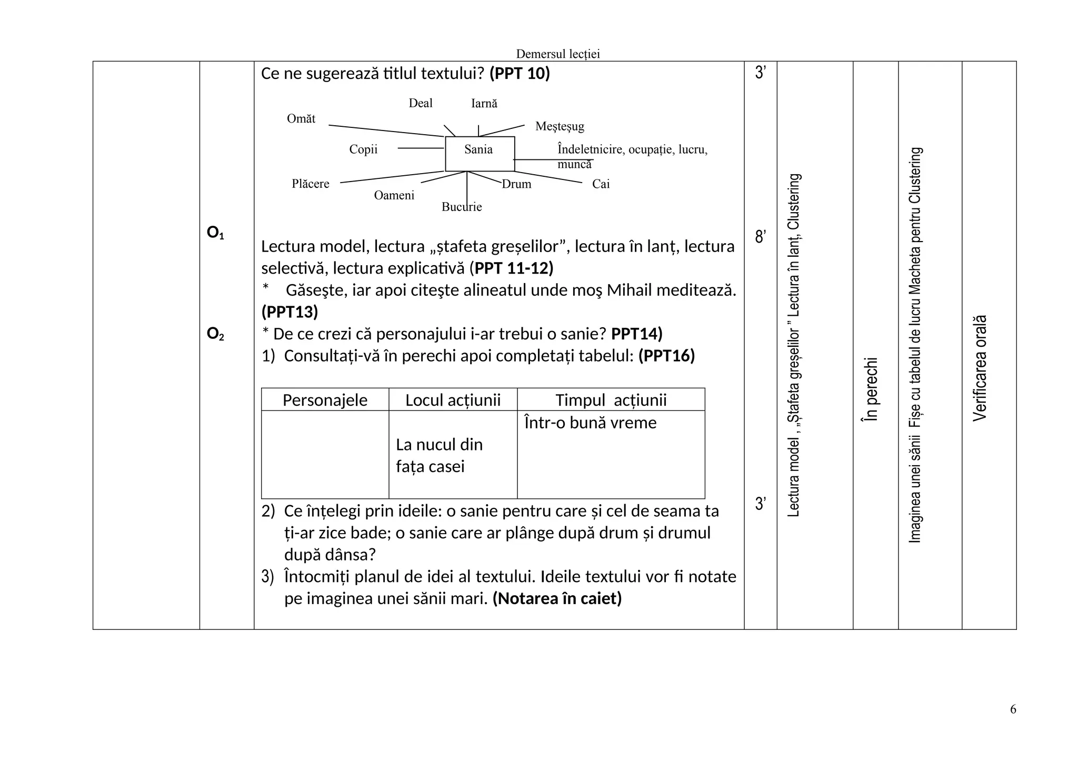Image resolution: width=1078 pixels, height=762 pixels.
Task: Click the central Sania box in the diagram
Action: tap(480, 153)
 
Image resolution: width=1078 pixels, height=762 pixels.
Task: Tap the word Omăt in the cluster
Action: tap(301, 119)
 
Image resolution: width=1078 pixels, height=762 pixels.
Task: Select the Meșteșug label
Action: tap(560, 126)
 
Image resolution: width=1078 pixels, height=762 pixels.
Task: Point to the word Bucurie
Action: tap(462, 207)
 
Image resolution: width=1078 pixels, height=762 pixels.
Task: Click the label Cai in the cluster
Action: tap(601, 184)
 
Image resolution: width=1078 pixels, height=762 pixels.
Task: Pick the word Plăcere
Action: tap(311, 184)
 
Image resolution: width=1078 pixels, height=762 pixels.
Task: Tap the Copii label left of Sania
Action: tap(363, 149)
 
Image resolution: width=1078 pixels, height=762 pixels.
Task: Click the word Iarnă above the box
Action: tap(484, 104)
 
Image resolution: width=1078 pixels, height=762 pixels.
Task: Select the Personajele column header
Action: tap(325, 400)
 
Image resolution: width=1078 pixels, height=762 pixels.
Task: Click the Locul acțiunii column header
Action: tap(453, 400)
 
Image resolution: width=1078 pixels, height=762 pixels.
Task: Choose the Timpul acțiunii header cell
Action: tap(611, 400)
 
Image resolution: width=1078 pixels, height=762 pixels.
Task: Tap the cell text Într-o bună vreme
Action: tap(590, 423)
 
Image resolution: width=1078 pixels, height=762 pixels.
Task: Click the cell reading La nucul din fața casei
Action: tap(439, 455)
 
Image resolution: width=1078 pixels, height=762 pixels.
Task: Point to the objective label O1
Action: tap(215, 233)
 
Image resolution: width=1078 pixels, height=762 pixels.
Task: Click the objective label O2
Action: tap(215, 334)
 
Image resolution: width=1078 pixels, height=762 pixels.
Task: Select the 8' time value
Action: tap(760, 237)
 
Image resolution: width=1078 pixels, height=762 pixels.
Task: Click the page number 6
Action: tap(1013, 709)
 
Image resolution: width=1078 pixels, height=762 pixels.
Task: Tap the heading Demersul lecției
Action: tap(557, 54)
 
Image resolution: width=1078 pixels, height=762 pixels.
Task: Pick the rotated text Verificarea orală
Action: tap(980, 368)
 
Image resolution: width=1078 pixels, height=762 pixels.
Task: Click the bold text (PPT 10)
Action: tap(520, 74)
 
